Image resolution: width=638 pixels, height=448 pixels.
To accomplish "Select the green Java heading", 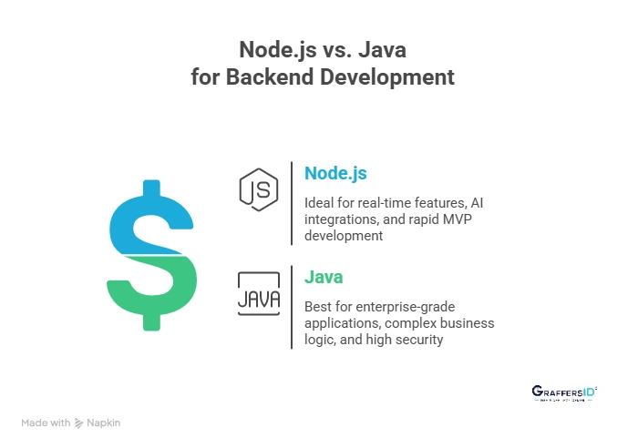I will click(324, 276).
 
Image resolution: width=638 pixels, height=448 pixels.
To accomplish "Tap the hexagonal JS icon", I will click(259, 188).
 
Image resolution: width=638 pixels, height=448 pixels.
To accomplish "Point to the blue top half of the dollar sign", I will click(149, 223).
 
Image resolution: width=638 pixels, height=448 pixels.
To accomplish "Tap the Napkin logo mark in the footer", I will click(79, 423).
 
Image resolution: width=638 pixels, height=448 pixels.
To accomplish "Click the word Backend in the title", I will click(272, 77).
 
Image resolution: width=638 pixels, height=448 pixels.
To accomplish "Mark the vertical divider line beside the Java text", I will click(292, 307).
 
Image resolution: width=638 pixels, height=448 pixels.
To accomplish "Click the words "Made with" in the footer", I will click(46, 423).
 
